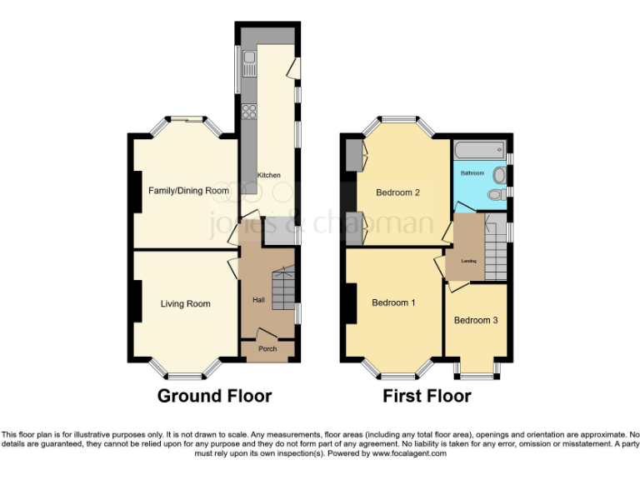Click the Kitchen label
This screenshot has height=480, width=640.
coord(268,175)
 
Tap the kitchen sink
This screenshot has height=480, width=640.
coord(249,57)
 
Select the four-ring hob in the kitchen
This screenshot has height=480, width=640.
coord(249,112)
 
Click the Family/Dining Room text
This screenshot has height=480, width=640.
coord(188,191)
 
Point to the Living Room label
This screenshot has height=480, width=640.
coord(185,304)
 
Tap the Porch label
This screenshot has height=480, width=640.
coord(267,349)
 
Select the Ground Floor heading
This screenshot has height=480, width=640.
coord(214,396)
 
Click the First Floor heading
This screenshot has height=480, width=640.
coord(427,396)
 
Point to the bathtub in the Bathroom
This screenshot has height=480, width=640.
coord(479,151)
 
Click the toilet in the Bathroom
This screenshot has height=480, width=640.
coord(497,195)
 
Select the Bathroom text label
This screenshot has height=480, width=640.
coord(472,173)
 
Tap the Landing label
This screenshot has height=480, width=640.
coord(469,261)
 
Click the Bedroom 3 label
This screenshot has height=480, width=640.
coord(476,320)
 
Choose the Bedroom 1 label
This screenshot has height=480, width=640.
coord(393,302)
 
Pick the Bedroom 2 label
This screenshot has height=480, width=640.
coord(397,192)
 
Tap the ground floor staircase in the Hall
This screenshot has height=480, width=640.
coord(285,287)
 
